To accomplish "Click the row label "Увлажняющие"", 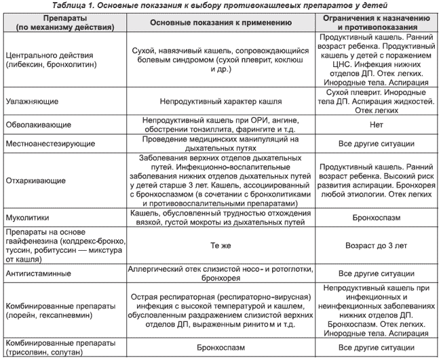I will [x=31, y=100].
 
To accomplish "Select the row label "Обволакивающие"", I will [x=34, y=125].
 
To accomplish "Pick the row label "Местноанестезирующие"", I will [x=47, y=144].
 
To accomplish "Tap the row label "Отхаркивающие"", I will [x=34, y=181].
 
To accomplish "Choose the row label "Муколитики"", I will [x=27, y=219].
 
